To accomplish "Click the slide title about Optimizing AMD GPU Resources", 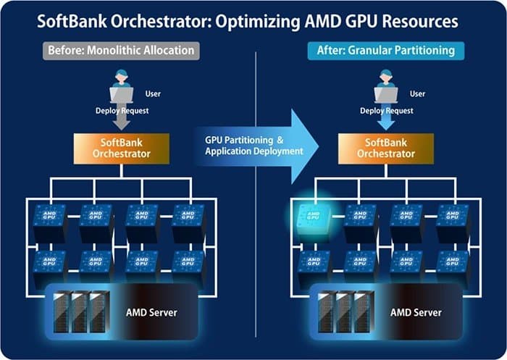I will tap(253, 21).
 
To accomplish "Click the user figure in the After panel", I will tap(385, 85).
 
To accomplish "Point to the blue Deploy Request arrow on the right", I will tap(385, 121).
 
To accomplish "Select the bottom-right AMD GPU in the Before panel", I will tap(188, 263).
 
